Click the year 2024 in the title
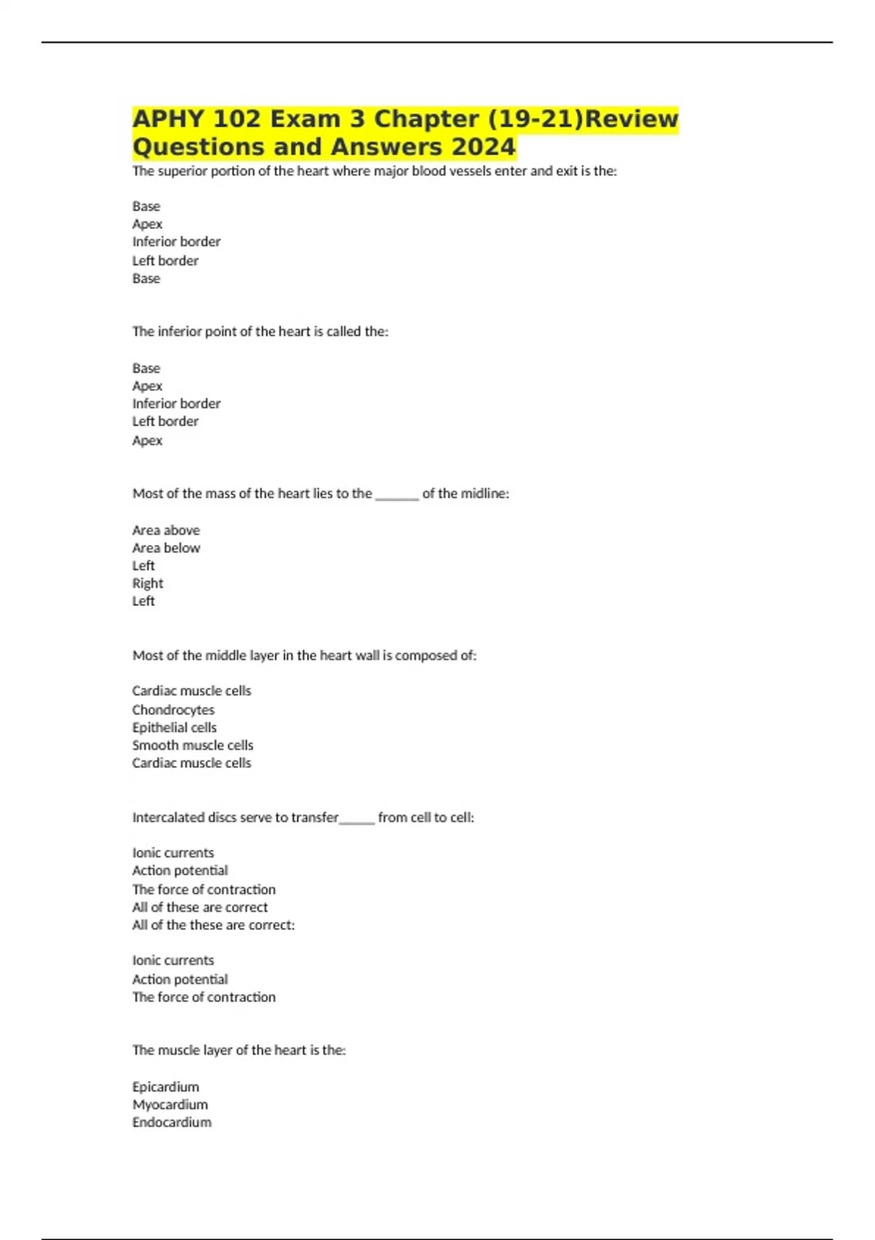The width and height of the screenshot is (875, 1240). point(483,147)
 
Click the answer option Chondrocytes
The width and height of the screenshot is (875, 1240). point(173,710)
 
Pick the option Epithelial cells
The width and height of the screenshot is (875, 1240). point(174,727)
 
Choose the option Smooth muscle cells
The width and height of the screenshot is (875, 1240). point(192,745)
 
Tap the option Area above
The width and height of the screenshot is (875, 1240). point(166,530)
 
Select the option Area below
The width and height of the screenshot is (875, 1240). point(166,548)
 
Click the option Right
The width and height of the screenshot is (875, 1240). point(147,583)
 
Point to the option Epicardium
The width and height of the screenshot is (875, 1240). point(166,1087)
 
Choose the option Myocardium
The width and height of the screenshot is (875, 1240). point(170,1104)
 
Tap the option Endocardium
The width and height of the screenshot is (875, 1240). point(171,1122)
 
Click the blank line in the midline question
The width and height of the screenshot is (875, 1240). point(397,497)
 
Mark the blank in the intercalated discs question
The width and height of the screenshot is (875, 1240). point(357,821)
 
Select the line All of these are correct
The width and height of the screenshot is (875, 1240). point(200,907)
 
